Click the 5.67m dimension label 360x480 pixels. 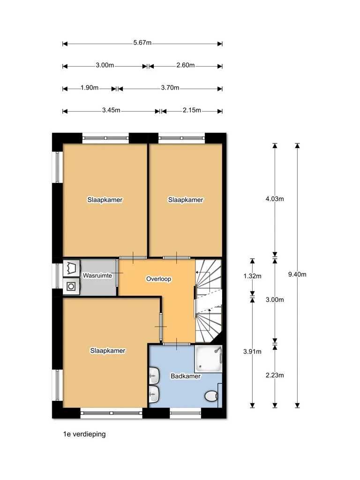click(x=142, y=43)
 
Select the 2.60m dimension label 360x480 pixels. click(x=186, y=65)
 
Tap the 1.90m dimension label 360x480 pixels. click(x=90, y=88)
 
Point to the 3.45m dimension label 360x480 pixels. click(x=111, y=110)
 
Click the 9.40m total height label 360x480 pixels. click(x=297, y=274)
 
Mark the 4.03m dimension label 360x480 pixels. click(x=275, y=199)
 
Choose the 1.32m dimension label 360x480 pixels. click(x=252, y=276)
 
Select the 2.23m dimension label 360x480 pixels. click(x=275, y=375)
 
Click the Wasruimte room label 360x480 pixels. click(x=97, y=276)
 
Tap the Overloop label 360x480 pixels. click(x=158, y=279)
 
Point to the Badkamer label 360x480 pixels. click(x=186, y=376)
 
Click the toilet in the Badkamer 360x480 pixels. click(x=211, y=396)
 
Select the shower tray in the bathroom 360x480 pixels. click(x=208, y=359)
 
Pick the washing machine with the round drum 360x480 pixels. click(x=71, y=286)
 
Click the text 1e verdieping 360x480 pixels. click(x=84, y=434)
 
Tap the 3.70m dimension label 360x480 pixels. click(x=170, y=88)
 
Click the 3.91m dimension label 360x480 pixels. click(x=252, y=352)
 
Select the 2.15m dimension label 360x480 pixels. click(x=192, y=110)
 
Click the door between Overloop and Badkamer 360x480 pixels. click(x=177, y=344)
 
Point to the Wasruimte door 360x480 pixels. click(x=117, y=273)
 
